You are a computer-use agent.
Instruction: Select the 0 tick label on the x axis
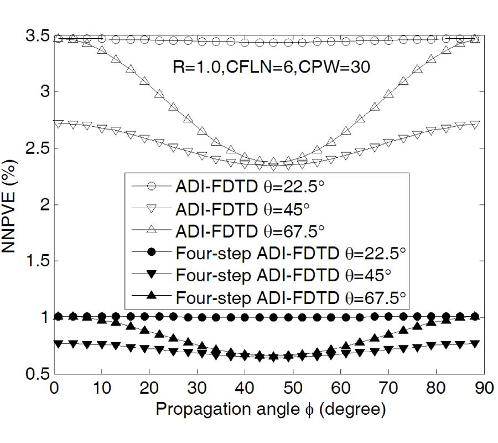coord(54,387)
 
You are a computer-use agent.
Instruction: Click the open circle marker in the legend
coord(149,187)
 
